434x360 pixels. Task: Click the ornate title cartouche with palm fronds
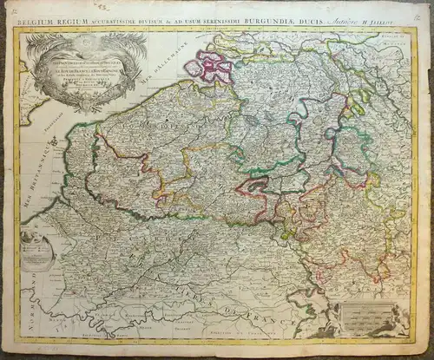[82, 69]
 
